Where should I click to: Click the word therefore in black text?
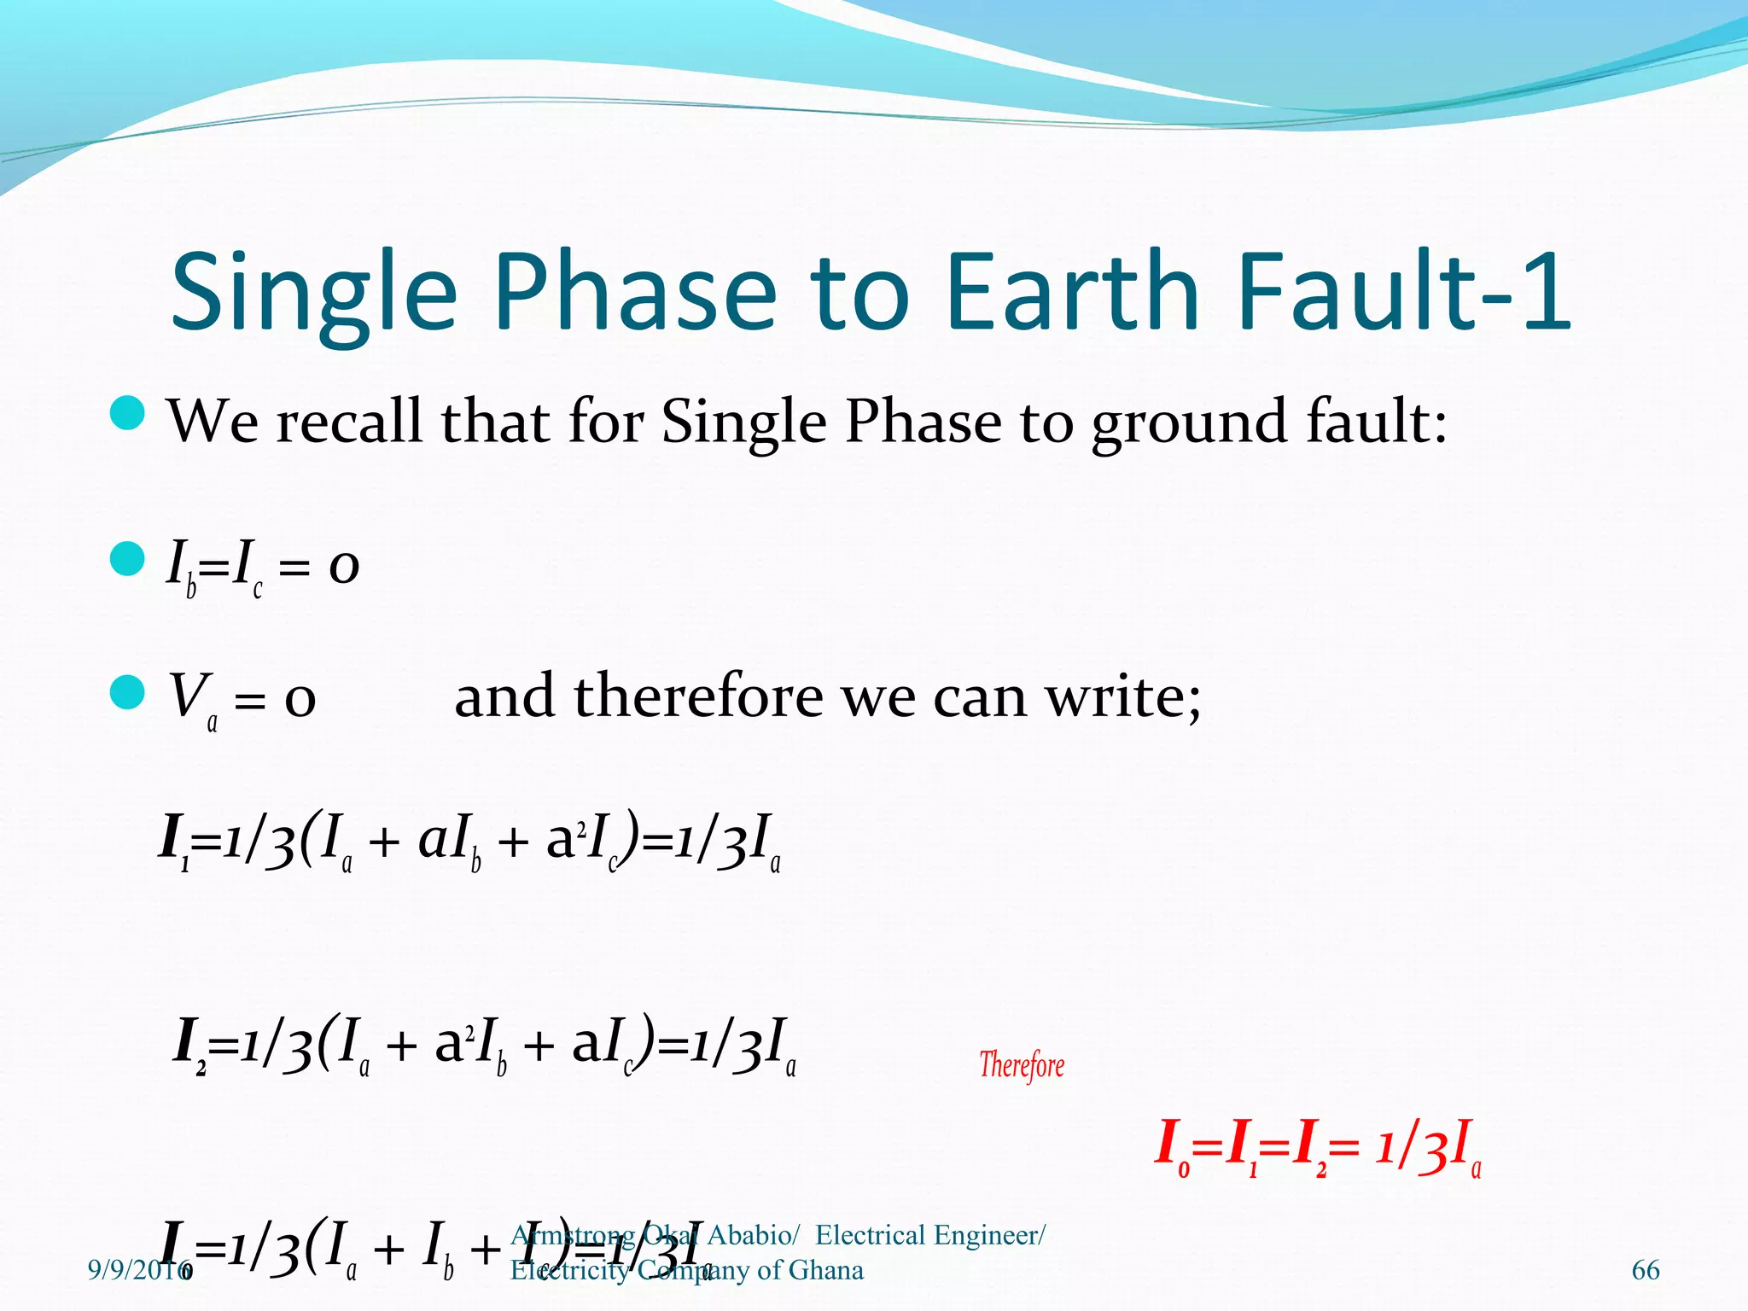pyautogui.click(x=698, y=696)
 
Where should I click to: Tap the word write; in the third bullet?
pyautogui.click(x=1124, y=696)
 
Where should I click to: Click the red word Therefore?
pyautogui.click(x=1022, y=1065)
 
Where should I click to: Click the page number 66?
pyautogui.click(x=1645, y=1270)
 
